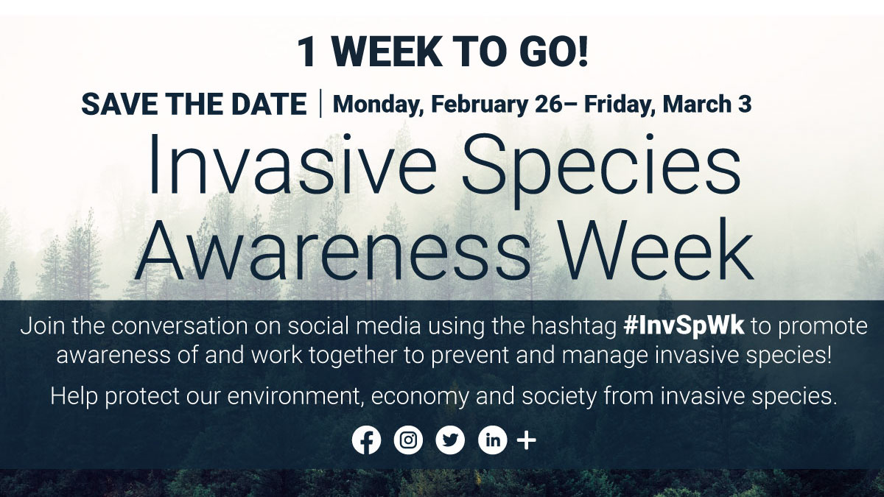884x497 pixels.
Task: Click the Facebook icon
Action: click(x=366, y=440)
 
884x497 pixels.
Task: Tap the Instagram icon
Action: click(x=408, y=440)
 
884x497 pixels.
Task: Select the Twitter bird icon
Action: click(x=450, y=440)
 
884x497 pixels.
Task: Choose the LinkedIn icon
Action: click(x=493, y=440)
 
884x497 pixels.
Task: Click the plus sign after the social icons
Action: click(x=527, y=440)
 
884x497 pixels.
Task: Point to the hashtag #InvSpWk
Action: click(x=684, y=326)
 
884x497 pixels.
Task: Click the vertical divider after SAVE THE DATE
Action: click(x=320, y=104)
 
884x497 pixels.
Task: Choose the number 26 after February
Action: click(x=547, y=105)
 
